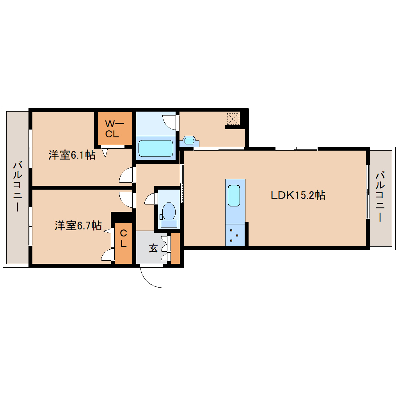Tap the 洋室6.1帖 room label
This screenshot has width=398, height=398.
pos(72,155)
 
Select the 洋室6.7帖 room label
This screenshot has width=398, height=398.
pos(78,226)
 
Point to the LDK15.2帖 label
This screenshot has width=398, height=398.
pos(298,195)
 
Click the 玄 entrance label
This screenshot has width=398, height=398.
pos(153,248)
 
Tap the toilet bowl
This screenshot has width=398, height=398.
pos(169,211)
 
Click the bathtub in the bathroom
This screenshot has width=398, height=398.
pos(156,149)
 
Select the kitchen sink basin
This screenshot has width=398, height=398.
pos(234,195)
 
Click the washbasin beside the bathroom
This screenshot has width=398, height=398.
pos(189,140)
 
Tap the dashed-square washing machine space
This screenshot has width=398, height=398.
pos(233,119)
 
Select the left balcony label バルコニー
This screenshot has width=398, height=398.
pos(18,187)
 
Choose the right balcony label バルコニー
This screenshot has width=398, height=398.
pos(380,197)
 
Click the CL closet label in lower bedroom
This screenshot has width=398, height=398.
pos(123,238)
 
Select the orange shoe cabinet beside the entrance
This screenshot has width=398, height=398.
pos(175,248)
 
